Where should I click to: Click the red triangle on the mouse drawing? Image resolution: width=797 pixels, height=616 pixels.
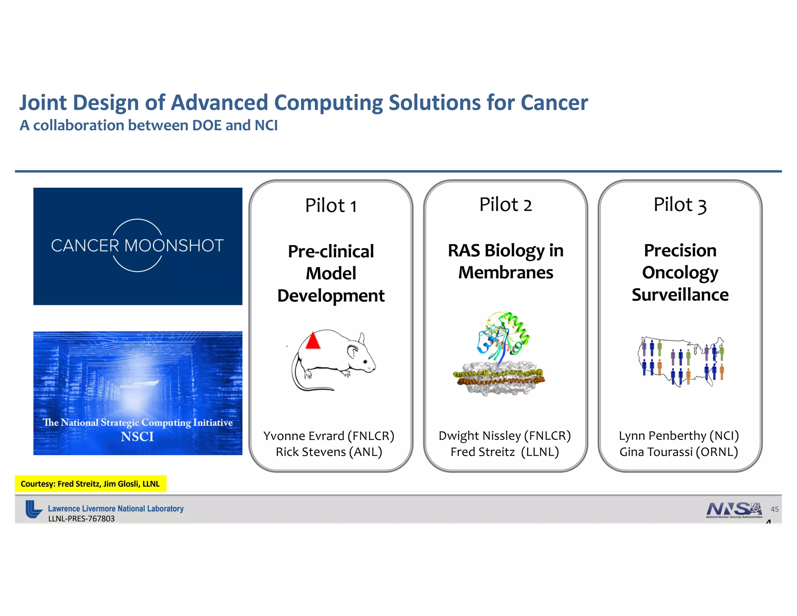[x=313, y=341]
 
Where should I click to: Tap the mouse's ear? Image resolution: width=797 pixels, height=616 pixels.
[x=353, y=351]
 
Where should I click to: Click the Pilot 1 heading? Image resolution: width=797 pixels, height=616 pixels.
[x=331, y=206]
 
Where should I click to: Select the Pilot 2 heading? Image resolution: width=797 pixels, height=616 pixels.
[x=505, y=205]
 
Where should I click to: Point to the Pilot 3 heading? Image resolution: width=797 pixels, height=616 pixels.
[x=679, y=205]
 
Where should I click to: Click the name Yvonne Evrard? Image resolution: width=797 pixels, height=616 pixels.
[x=304, y=436]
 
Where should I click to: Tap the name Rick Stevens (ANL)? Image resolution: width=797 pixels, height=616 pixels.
[x=329, y=452]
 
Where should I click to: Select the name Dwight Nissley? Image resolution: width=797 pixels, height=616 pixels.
[x=479, y=436]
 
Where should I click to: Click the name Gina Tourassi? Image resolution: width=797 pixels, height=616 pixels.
[x=656, y=452]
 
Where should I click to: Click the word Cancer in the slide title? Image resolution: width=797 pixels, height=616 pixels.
[x=554, y=103]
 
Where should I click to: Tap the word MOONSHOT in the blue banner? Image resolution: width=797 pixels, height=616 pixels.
[x=174, y=246]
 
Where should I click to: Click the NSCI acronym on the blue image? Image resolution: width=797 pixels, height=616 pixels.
[x=137, y=437]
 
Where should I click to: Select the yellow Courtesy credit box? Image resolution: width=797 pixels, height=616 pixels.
[x=90, y=484]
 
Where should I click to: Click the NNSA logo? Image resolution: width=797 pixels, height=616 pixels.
[x=734, y=509]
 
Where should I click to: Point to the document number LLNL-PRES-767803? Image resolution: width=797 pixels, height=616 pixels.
[x=81, y=519]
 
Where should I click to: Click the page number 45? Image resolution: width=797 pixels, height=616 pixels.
[x=774, y=509]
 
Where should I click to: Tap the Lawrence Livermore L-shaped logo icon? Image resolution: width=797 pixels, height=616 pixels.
[x=33, y=509]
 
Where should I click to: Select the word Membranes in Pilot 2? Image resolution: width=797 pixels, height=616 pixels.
[x=506, y=273]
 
